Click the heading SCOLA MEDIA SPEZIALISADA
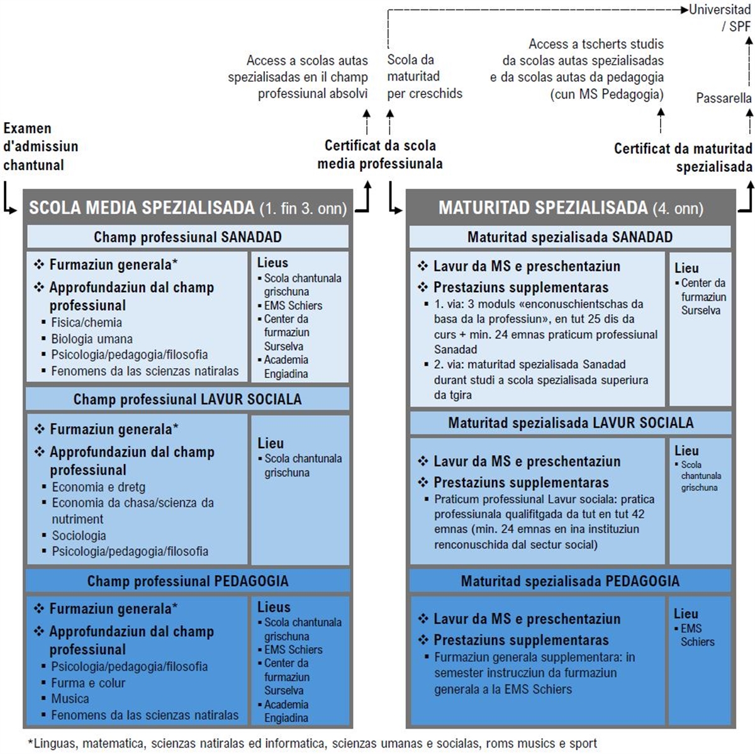coord(142,208)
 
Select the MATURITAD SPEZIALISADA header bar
coord(571,208)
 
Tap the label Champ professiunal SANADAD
coord(187,237)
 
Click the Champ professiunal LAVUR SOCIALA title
coord(187,399)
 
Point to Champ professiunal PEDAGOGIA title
coord(187,581)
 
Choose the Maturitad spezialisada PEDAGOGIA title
coord(570,581)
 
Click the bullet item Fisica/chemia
coord(86,322)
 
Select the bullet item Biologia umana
coord(92,339)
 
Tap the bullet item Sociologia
coord(79,535)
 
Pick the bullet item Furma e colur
coord(88,683)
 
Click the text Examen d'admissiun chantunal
coord(41,147)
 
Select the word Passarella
coord(724,98)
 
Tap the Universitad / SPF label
coord(720,18)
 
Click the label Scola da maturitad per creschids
coord(425,76)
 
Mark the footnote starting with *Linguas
coord(313,743)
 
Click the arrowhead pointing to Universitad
coord(685,9)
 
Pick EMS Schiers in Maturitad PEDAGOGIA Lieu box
coord(697,635)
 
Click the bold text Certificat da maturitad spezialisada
coord(683,157)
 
